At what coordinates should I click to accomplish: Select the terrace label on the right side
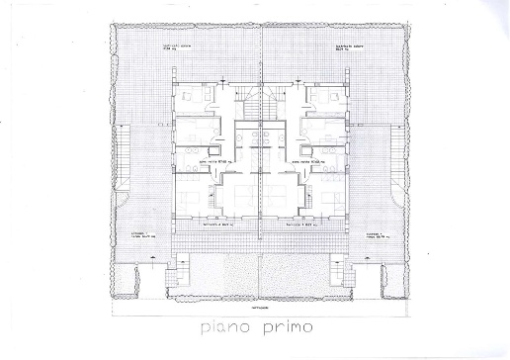[x=380, y=235]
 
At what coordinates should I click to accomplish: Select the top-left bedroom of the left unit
[x=191, y=99]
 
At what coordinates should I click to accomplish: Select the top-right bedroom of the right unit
[x=325, y=99]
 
